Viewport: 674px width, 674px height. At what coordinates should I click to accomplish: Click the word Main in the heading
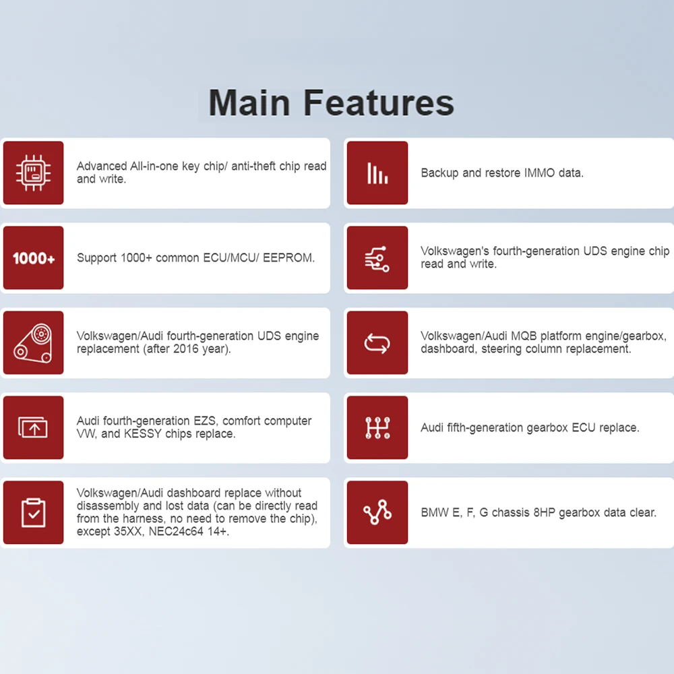click(x=249, y=102)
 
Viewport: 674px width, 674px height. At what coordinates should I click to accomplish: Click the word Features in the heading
click(x=379, y=102)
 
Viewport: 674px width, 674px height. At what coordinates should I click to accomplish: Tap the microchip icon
click(x=33, y=173)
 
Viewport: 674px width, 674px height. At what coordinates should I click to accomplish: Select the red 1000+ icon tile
click(x=33, y=258)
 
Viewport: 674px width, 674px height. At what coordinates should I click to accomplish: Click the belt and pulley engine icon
click(x=33, y=343)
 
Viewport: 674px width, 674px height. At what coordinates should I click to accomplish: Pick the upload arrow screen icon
click(x=33, y=428)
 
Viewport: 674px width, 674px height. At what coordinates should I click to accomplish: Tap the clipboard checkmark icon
click(x=33, y=512)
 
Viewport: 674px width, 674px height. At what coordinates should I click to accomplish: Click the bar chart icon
click(x=377, y=173)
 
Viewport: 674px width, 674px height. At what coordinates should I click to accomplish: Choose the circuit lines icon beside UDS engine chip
click(x=377, y=259)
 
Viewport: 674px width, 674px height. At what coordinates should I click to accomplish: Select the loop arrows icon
click(x=377, y=344)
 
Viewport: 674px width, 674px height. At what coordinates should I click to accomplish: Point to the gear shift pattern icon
click(x=377, y=428)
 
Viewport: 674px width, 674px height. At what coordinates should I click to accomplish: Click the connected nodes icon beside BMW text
click(x=377, y=512)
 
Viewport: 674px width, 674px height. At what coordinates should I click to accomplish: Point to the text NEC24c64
click(x=176, y=531)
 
